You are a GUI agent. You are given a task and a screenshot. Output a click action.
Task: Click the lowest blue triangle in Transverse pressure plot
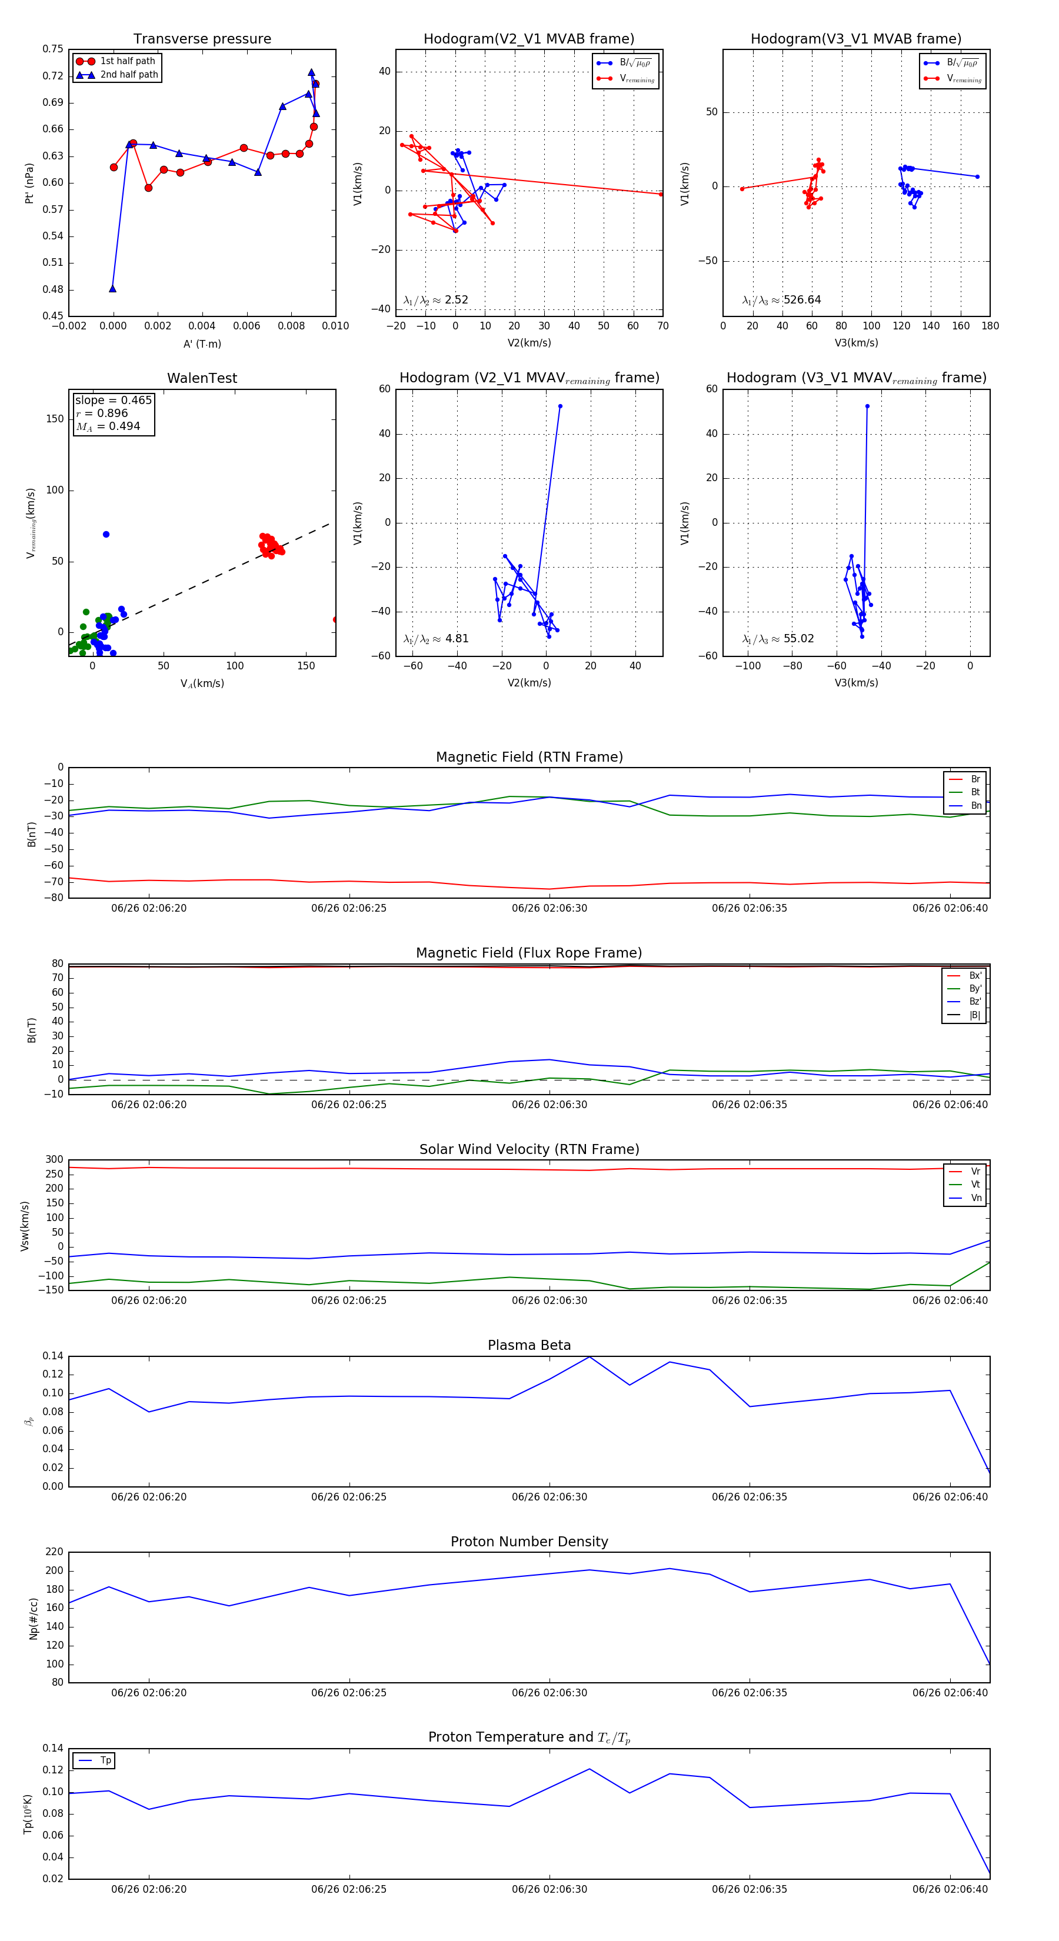pyautogui.click(x=112, y=289)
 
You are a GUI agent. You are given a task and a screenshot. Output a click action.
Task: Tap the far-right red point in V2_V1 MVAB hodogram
pyautogui.click(x=661, y=195)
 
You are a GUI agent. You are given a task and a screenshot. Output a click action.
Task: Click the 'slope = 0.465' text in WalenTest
pyautogui.click(x=113, y=400)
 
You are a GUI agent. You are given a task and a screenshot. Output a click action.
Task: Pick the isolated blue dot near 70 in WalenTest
pyautogui.click(x=106, y=534)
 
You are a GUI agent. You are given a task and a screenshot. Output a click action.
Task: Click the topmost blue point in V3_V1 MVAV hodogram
pyautogui.click(x=867, y=406)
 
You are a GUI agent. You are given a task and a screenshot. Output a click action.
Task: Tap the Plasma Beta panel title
pyautogui.click(x=529, y=1346)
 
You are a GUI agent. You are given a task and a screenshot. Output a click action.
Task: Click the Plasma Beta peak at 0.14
pyautogui.click(x=590, y=1357)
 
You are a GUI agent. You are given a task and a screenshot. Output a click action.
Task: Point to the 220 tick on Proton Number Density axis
pyautogui.click(x=54, y=1552)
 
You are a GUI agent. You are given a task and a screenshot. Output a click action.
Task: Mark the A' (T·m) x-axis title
pyautogui.click(x=202, y=343)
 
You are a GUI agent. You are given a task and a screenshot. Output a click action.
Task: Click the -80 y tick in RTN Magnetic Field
pyautogui.click(x=54, y=898)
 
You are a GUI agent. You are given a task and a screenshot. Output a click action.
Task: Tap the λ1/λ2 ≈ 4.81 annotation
pyautogui.click(x=435, y=639)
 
